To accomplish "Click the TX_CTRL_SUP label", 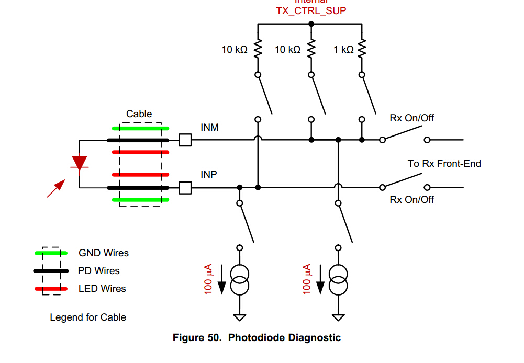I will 311,10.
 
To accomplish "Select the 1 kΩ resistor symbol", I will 361,50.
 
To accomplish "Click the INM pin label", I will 209,127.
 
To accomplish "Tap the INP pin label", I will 209,174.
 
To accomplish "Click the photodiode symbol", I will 80,163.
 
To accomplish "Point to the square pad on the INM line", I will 185,140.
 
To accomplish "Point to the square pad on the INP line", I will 185,187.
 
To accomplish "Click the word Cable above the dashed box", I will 139,114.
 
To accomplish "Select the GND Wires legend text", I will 104,253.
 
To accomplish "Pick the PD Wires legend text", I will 99,271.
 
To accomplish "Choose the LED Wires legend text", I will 102,289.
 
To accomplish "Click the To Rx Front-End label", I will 444,164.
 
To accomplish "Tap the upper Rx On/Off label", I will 412,118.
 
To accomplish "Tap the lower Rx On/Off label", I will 412,200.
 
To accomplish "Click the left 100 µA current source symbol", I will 240,280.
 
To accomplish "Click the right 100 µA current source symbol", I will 338,280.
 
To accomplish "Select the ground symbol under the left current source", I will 240,317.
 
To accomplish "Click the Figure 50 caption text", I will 257,338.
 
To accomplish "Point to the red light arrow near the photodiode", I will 56,188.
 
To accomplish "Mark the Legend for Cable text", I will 88,317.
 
